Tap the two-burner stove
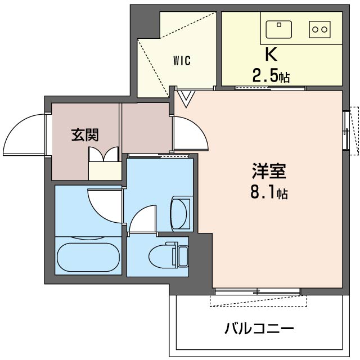pos(319,28)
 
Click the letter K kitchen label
pos(271,55)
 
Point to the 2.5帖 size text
pos(271,76)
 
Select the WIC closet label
pos(181,61)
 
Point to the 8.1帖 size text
pos(269,193)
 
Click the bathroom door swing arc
pos(105,205)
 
